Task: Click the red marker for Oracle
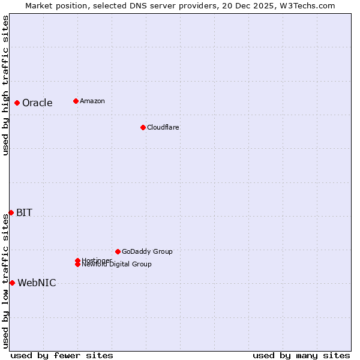(17, 103)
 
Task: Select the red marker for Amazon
(76, 101)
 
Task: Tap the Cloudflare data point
(143, 127)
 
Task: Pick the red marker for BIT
(11, 212)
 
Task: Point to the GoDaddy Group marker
(118, 251)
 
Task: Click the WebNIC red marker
(12, 283)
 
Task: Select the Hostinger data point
(77, 260)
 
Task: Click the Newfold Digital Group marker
(77, 265)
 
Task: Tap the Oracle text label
(37, 103)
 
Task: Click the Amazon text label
(92, 101)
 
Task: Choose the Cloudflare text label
(163, 127)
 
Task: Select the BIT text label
(24, 212)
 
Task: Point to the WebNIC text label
(37, 283)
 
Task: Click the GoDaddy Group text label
(147, 251)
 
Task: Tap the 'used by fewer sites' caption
(62, 355)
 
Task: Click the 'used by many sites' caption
(301, 355)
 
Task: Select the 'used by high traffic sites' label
(5, 85)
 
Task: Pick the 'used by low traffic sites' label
(5, 281)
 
